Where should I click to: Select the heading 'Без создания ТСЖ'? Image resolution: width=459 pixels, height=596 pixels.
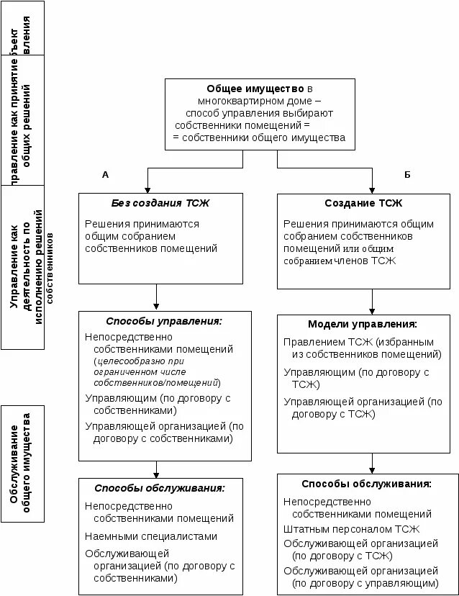[x=155, y=203]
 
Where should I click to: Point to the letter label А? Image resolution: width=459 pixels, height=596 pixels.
[x=105, y=175]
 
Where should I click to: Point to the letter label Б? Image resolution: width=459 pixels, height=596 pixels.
[x=407, y=175]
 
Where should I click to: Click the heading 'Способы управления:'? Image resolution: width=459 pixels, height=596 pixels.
[x=164, y=321]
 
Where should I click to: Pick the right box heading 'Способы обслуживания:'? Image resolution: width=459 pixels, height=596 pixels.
[x=366, y=484]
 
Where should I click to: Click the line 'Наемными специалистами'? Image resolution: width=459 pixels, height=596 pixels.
[x=150, y=536]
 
